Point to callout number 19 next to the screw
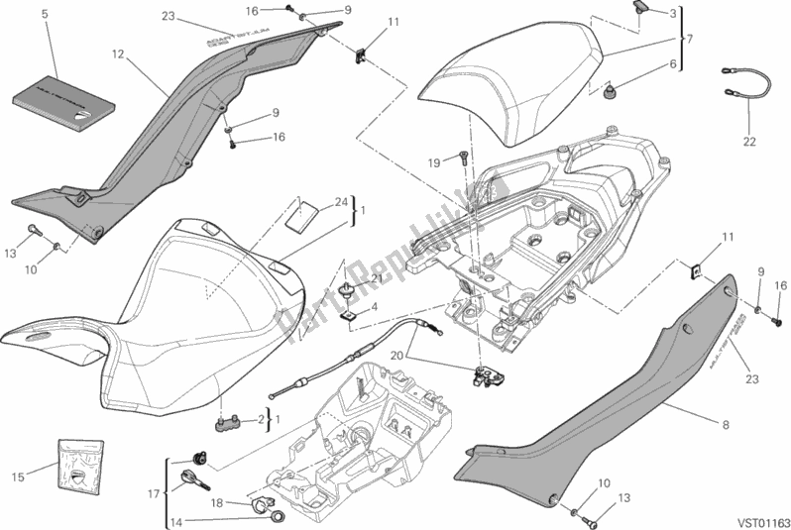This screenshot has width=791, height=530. [x=433, y=162]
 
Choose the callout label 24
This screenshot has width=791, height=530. [x=340, y=203]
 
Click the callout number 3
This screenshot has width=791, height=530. [x=673, y=13]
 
